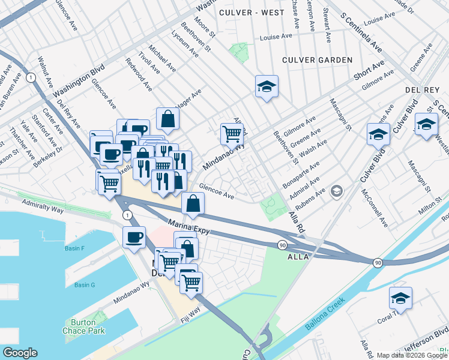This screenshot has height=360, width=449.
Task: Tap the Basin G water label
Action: pyautogui.click(x=85, y=285)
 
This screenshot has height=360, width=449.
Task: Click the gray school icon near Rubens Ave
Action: pyautogui.click(x=337, y=191)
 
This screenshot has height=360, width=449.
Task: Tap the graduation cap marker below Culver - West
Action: pyautogui.click(x=266, y=88)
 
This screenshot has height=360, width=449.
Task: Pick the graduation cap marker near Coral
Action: pyautogui.click(x=400, y=298)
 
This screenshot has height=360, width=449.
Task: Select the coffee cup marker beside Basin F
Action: pyautogui.click(x=134, y=237)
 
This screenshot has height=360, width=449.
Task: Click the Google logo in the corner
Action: pyautogui.click(x=20, y=353)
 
